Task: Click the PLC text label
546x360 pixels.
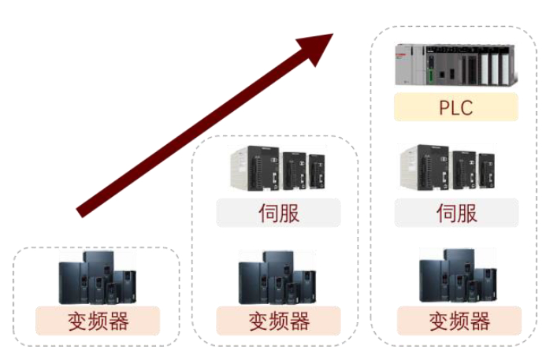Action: (x=456, y=108)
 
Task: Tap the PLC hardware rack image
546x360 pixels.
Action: (x=456, y=65)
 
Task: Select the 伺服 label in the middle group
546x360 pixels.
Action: (x=279, y=213)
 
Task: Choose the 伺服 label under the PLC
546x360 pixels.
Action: (x=456, y=213)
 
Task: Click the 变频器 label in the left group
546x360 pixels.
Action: (x=98, y=321)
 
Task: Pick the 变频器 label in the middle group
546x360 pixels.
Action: (x=279, y=321)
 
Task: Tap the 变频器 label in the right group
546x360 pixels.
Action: (x=459, y=321)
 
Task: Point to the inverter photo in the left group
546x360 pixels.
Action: (x=98, y=277)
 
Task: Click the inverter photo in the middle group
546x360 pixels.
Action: (x=277, y=277)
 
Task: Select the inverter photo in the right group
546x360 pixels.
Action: (x=458, y=276)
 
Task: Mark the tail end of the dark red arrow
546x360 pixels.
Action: (x=79, y=213)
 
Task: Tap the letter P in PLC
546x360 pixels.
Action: (x=444, y=108)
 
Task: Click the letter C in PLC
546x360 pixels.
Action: (x=466, y=108)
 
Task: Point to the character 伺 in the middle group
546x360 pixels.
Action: (x=268, y=213)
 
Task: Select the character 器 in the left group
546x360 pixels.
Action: (x=119, y=321)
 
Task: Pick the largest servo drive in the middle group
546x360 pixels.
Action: (x=254, y=169)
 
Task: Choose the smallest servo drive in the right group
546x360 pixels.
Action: (x=486, y=171)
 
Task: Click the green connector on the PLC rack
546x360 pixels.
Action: (x=431, y=76)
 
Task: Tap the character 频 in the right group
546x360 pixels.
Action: (x=459, y=321)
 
